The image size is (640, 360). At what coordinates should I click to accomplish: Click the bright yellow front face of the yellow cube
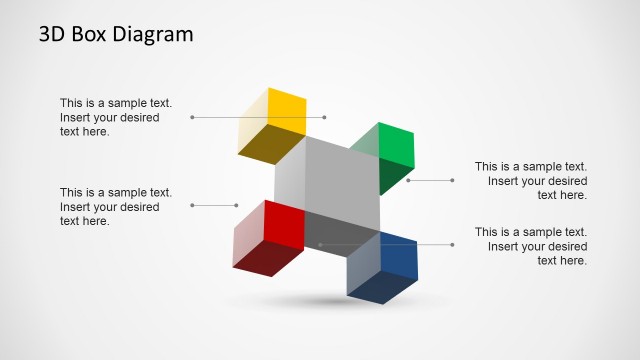pos(287,110)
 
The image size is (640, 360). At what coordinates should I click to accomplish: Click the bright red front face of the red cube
pos(284,225)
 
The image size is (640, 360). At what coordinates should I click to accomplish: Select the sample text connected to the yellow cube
pos(116,117)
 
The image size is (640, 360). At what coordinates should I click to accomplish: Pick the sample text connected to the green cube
pos(530,181)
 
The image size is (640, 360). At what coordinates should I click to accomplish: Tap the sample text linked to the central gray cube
pos(530,246)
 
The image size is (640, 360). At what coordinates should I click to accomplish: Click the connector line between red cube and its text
pos(213,205)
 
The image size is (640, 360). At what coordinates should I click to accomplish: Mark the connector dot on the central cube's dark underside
pos(320,244)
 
